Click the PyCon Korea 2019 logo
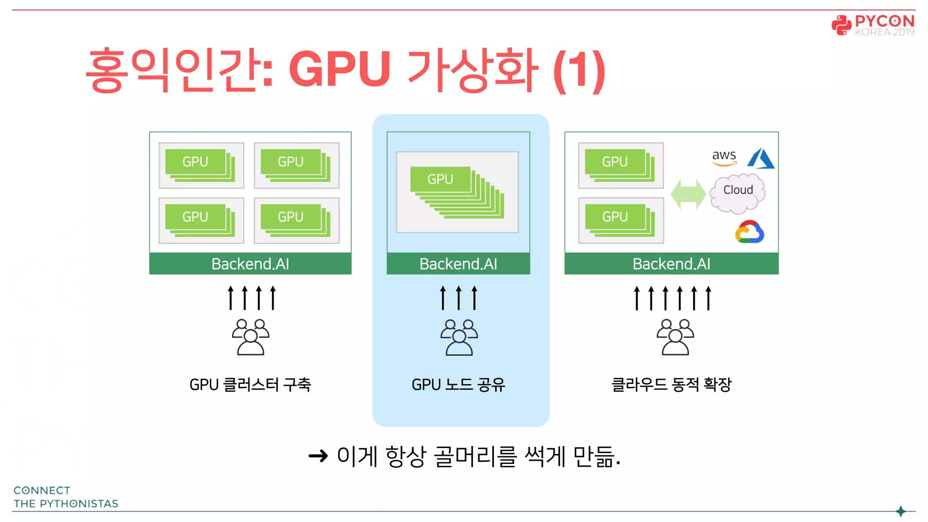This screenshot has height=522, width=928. point(872,25)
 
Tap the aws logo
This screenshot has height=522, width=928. point(724,157)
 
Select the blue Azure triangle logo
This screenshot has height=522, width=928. point(761,159)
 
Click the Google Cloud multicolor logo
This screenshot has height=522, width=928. point(749,232)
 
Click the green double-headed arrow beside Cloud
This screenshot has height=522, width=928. point(688,194)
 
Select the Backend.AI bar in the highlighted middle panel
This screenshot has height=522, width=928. point(458,264)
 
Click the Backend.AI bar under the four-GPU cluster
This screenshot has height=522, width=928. point(250,264)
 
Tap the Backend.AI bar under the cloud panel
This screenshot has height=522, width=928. point(671,264)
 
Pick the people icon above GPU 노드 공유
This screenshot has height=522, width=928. point(459,337)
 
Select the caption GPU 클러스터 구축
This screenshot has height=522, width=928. point(250,385)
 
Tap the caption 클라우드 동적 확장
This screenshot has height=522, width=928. point(671,385)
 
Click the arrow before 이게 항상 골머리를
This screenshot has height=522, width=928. point(318,456)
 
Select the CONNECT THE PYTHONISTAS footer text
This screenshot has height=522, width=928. point(66,497)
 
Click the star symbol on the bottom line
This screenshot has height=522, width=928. point(901,511)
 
